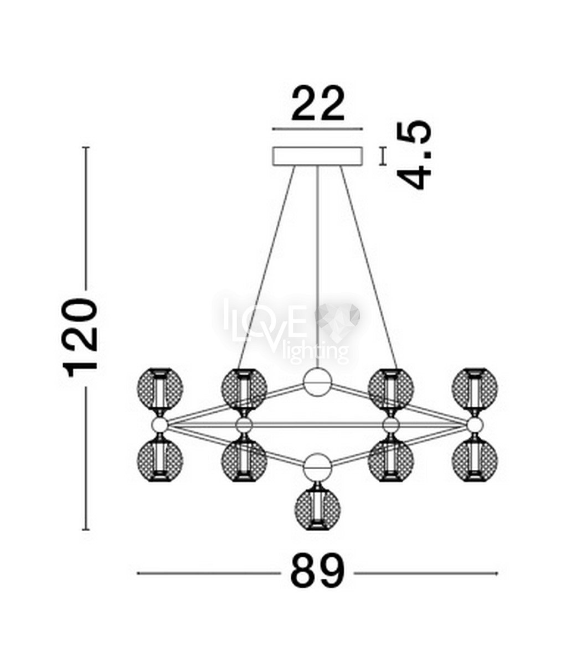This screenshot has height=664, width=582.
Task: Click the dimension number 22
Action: click(318, 104)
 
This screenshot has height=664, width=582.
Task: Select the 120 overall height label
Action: click(79, 338)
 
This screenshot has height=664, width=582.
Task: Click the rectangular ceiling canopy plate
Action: click(317, 157)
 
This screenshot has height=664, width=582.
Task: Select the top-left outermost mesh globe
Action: click(160, 389)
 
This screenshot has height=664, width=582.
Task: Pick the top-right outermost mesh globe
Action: click(475, 389)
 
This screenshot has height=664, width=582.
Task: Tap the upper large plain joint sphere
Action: click(317, 382)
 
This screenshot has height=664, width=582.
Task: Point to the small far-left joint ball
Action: click(160, 425)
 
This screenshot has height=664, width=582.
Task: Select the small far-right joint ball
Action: click(475, 425)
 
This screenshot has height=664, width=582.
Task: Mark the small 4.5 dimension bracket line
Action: click(383, 157)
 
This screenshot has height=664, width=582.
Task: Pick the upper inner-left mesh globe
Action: click(244, 389)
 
